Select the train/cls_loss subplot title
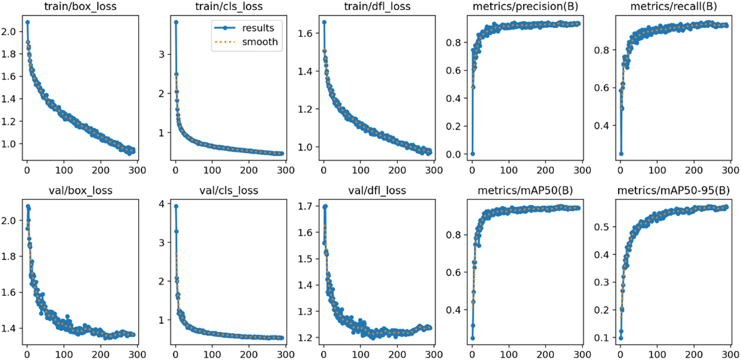point(228,8)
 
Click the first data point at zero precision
point(472,154)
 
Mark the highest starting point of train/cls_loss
point(175,22)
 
